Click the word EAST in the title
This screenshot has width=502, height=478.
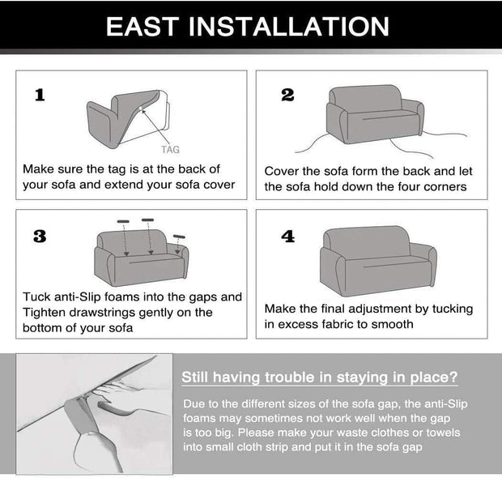(143, 26)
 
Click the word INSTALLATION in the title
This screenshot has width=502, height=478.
(289, 26)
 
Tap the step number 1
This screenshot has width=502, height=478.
(40, 95)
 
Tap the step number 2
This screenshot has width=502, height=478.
(287, 95)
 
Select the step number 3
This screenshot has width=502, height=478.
(40, 237)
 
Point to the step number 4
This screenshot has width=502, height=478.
(287, 237)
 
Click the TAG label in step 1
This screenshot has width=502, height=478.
(170, 150)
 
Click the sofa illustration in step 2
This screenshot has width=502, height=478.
(375, 114)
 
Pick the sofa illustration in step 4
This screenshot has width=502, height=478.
(378, 261)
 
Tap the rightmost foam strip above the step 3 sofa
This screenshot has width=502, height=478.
(179, 237)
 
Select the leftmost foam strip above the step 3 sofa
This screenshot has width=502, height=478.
(123, 221)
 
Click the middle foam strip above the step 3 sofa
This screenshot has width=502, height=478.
(147, 220)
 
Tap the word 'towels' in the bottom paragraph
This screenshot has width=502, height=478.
(443, 433)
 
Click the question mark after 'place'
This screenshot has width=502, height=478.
(453, 377)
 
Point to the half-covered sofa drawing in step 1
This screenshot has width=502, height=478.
(128, 119)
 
